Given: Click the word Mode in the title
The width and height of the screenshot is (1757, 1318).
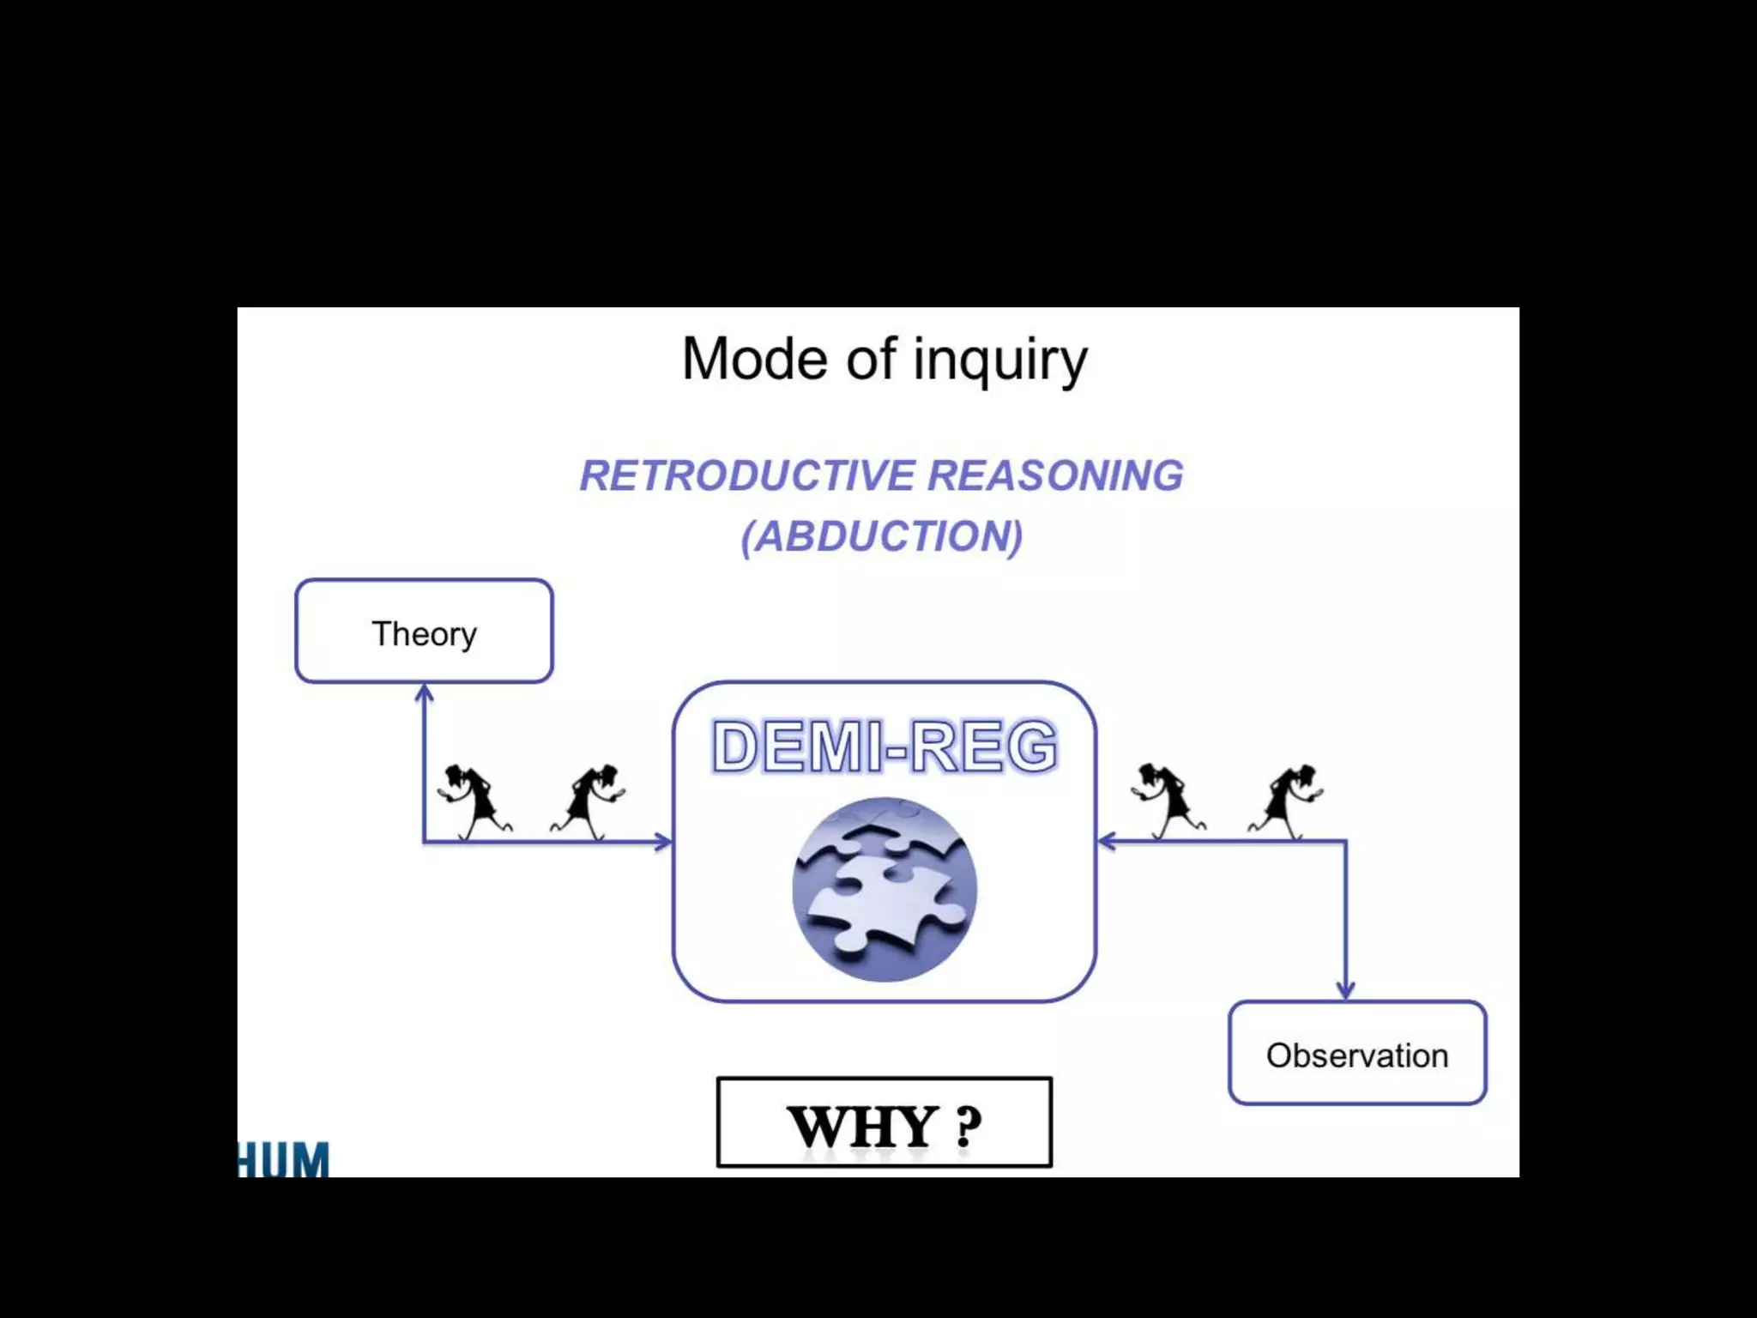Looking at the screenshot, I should [756, 359].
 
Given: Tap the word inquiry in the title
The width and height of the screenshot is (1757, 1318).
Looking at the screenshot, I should [999, 360].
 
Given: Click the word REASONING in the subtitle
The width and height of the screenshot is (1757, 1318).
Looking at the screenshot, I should [1055, 475].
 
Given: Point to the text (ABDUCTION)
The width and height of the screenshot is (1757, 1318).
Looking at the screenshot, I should [882, 536].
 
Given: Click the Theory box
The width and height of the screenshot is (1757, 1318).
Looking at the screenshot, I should [424, 632].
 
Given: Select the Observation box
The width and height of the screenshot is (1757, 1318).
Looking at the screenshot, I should [1357, 1054].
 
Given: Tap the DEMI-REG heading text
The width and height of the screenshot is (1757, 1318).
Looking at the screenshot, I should [885, 746].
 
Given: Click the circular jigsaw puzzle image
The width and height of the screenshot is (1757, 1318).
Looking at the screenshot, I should [885, 889].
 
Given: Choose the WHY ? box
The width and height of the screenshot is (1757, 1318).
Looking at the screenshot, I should [885, 1122].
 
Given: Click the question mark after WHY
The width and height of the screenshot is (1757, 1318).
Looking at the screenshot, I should [968, 1127].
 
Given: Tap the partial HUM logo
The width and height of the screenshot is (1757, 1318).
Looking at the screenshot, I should [283, 1159].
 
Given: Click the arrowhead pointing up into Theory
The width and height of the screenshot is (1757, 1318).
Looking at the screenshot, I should [424, 692].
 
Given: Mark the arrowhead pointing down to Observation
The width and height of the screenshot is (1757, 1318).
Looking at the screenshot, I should [1345, 991].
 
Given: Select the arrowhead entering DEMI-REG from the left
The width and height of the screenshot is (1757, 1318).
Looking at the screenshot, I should [663, 842].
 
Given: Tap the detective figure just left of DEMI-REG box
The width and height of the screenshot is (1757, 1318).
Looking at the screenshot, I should [589, 801].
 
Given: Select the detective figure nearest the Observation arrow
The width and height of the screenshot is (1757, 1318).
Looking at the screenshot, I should [1287, 801].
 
